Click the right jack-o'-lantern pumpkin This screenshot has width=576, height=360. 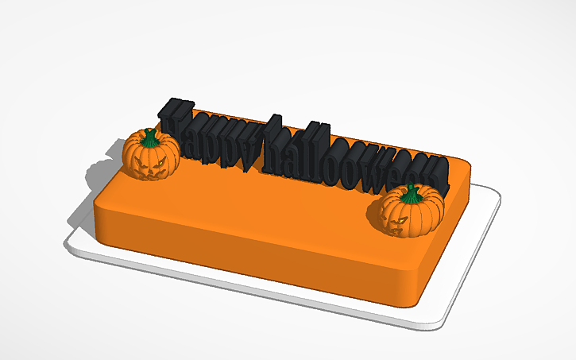point(409,212)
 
